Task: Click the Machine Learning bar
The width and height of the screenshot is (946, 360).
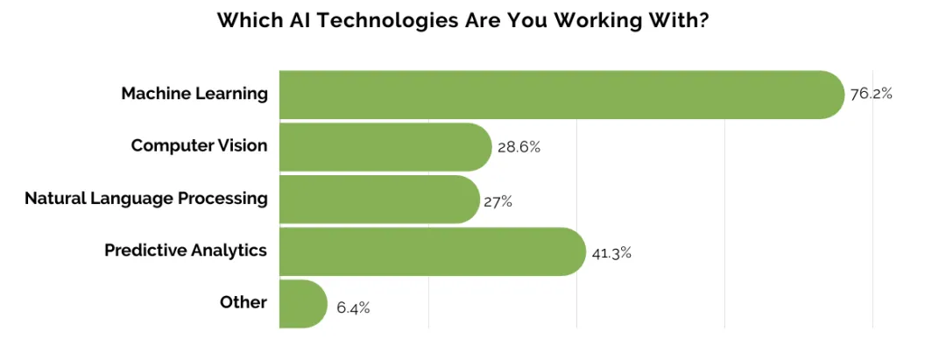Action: click(x=561, y=95)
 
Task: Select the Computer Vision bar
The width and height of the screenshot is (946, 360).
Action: click(x=385, y=146)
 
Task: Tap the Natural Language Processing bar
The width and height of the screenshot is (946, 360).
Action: click(x=379, y=199)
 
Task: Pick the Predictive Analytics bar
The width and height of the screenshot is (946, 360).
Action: click(x=433, y=251)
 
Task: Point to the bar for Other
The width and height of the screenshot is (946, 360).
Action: click(x=303, y=303)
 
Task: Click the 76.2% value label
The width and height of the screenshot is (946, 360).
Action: click(x=872, y=94)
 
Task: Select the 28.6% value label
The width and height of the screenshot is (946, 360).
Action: click(x=519, y=147)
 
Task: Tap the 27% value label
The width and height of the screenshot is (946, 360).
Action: click(x=498, y=201)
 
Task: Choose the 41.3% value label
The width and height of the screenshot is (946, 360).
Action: click(x=611, y=253)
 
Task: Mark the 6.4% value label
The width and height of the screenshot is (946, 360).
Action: click(x=353, y=308)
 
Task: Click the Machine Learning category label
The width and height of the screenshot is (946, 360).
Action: click(x=194, y=94)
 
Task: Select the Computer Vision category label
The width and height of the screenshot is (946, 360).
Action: click(x=199, y=146)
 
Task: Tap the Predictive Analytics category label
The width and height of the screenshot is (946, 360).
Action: click(x=186, y=251)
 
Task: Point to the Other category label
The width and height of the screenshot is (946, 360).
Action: click(x=244, y=302)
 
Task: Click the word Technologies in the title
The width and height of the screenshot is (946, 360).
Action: click(x=389, y=21)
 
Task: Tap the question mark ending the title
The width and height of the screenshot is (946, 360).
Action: click(x=703, y=20)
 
